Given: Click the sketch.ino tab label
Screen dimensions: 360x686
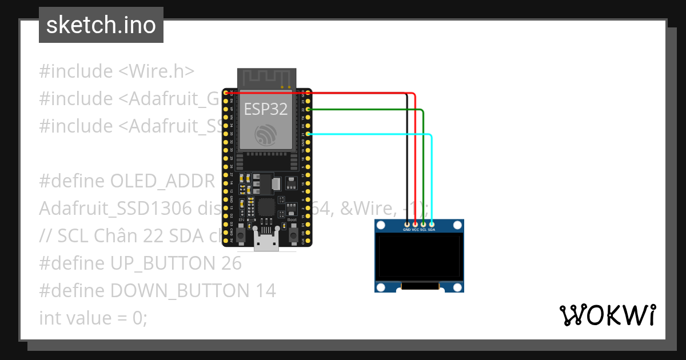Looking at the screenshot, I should [x=101, y=25].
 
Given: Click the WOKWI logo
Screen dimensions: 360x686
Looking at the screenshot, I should [x=608, y=315].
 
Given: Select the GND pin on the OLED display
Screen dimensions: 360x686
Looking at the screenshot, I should [x=407, y=224].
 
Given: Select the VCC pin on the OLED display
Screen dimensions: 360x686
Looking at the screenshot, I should [x=415, y=224].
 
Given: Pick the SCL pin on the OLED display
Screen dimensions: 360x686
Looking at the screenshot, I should [x=423, y=224].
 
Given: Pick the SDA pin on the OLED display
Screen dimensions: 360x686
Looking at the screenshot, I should [x=432, y=224].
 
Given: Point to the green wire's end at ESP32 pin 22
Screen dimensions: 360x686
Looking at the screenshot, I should [x=309, y=109].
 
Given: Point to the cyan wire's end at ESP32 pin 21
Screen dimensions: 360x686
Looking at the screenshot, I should [x=309, y=134].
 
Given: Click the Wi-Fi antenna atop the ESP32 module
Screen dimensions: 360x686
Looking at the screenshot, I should [x=267, y=78].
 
